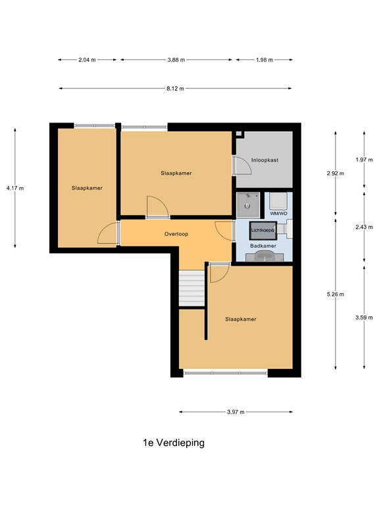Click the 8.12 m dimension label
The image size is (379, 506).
click(x=176, y=88)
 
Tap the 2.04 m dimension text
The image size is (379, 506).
click(x=87, y=60)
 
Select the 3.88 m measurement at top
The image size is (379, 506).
click(x=176, y=60)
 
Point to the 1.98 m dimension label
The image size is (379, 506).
click(x=263, y=60)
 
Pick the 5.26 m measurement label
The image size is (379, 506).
click(x=335, y=295)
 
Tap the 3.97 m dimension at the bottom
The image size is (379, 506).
click(x=236, y=412)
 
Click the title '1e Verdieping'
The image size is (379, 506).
click(x=174, y=443)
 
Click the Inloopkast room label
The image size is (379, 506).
click(x=265, y=159)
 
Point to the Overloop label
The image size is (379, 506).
click(x=176, y=234)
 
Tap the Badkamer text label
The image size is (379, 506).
click(x=265, y=246)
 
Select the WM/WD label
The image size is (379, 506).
click(x=279, y=214)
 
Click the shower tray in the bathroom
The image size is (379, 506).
click(x=249, y=204)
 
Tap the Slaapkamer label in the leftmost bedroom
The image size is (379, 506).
click(x=87, y=188)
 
